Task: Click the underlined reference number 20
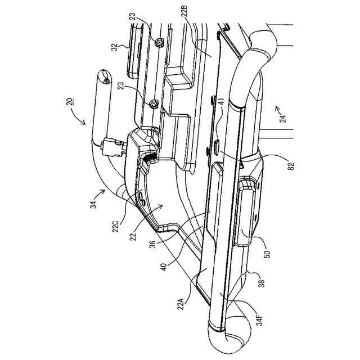pyautogui.click(x=67, y=102)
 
